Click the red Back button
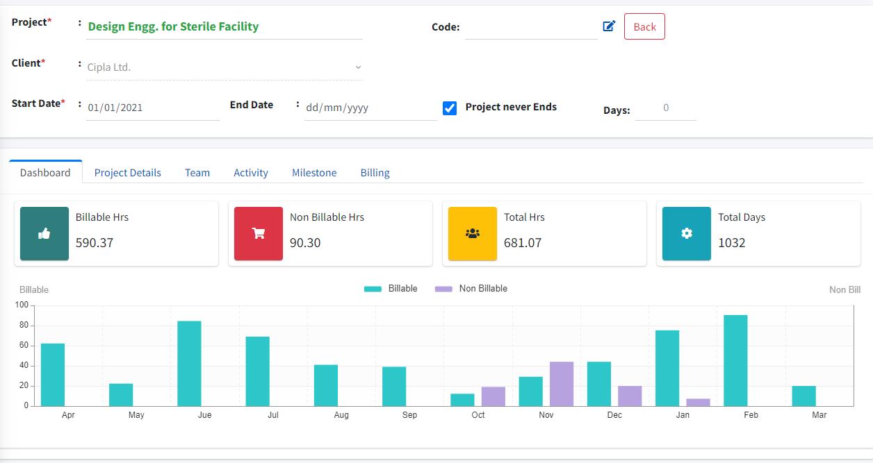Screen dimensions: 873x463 pos(644,26)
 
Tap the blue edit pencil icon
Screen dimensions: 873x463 pos(609,26)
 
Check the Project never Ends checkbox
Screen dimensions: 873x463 pos(450,108)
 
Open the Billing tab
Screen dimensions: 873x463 pos(375,172)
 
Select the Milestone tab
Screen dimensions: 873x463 pos(314,172)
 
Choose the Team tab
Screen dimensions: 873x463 pos(197,172)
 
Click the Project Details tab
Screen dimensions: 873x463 pos(127,172)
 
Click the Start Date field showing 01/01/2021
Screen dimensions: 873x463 pos(152,108)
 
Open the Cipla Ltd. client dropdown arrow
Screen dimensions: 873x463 pos(358,67)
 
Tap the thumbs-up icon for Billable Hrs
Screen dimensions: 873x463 pos(44,233)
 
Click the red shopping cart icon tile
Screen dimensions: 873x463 pos(259,233)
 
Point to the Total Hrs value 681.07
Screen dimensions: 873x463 pos(523,243)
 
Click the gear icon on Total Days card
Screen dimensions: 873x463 pos(686,233)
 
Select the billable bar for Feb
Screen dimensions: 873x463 pos(735,361)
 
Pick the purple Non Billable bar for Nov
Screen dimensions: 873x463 pos(562,384)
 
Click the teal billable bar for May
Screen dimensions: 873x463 pos(121,395)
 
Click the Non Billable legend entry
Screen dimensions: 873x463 pos(471,289)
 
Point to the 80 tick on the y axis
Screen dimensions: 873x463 pos(24,325)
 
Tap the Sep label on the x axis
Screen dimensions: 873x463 pos(409,415)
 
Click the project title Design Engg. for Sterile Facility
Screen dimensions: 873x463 pos(173,26)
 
